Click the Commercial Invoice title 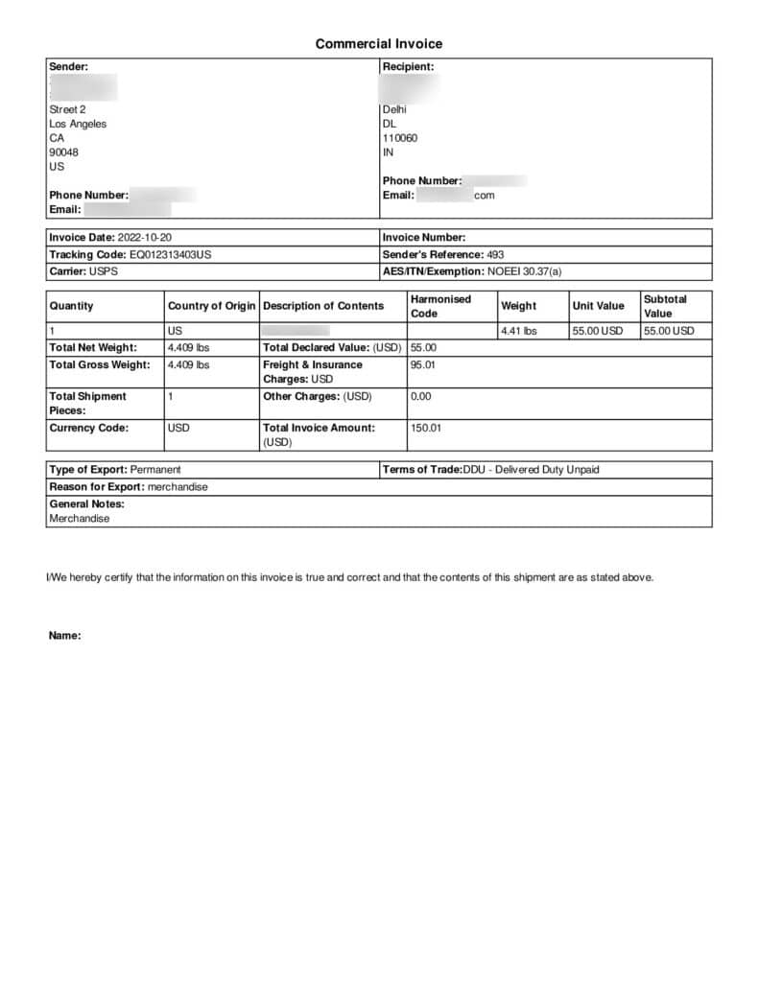click(379, 44)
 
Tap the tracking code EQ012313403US click(170, 255)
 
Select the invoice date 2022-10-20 click(145, 238)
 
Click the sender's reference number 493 click(495, 255)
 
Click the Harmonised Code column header click(440, 306)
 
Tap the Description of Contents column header click(323, 306)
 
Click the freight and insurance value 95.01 click(423, 365)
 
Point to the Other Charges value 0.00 click(421, 396)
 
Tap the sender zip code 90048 click(64, 152)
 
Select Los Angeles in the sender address click(78, 124)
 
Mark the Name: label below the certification click(64, 636)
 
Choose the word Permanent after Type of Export click(155, 470)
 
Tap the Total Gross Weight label click(100, 365)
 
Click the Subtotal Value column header click(665, 306)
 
